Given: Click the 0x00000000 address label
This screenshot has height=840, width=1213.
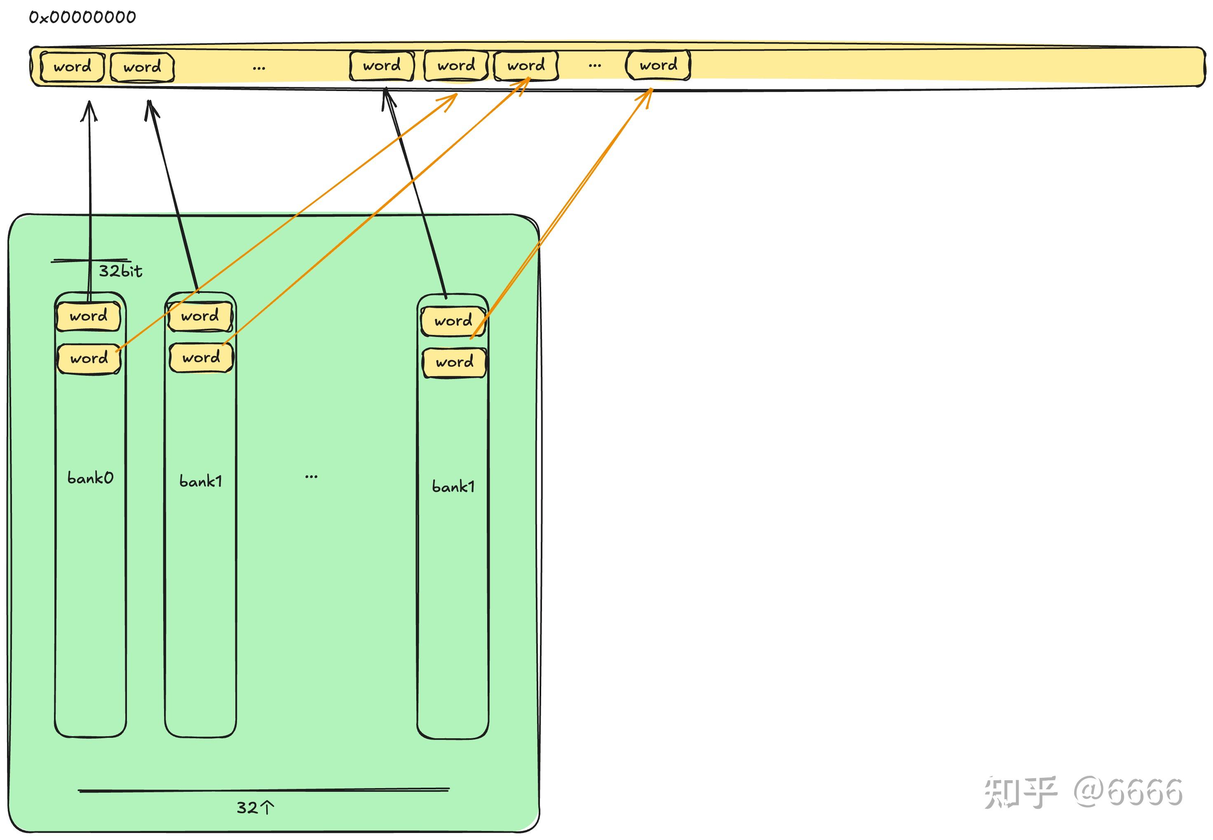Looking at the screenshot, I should click(x=82, y=17).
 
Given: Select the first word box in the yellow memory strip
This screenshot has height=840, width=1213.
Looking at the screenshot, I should click(x=72, y=67).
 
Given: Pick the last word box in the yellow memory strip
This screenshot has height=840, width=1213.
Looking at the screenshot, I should click(x=658, y=65).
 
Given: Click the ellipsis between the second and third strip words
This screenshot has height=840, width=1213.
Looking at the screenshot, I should click(x=258, y=68).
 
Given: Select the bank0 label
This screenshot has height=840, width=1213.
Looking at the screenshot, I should click(x=90, y=478).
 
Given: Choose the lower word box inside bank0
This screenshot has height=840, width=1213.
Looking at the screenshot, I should click(x=89, y=358).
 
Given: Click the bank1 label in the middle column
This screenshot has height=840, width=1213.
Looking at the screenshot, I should click(x=201, y=481).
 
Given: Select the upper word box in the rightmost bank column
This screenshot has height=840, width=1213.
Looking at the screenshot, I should click(x=453, y=321).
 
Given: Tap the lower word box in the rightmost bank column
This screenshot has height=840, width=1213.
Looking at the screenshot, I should click(x=454, y=362).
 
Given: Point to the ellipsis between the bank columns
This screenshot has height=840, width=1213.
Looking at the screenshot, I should click(x=311, y=477).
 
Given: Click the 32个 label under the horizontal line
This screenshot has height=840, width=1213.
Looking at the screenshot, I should click(x=255, y=807).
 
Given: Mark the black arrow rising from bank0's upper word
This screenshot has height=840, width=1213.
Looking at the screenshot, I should click(x=89, y=200).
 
